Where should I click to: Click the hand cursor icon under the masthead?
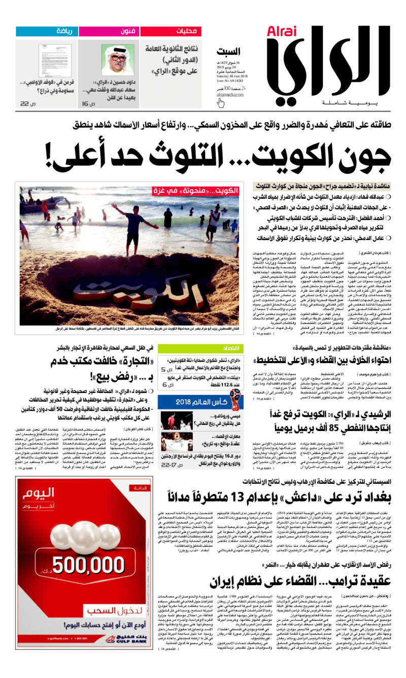(220, 103)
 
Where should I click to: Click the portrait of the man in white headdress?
(118, 58)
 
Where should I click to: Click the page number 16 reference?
(89, 103)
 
